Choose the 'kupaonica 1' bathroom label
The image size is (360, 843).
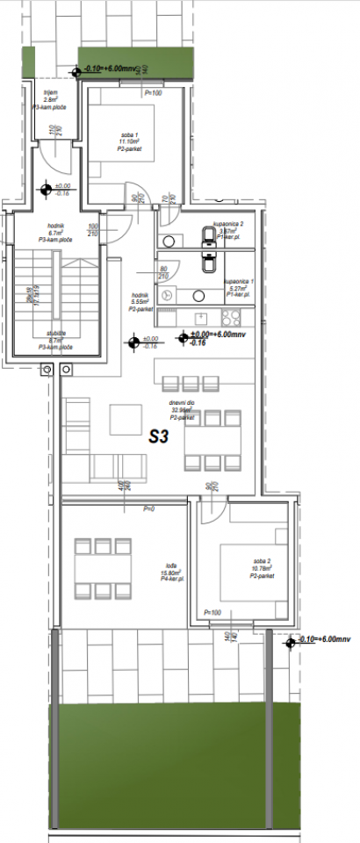pos(239,283)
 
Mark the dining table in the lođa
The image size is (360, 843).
pos(101,568)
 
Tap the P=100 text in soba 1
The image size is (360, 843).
pos(154,91)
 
